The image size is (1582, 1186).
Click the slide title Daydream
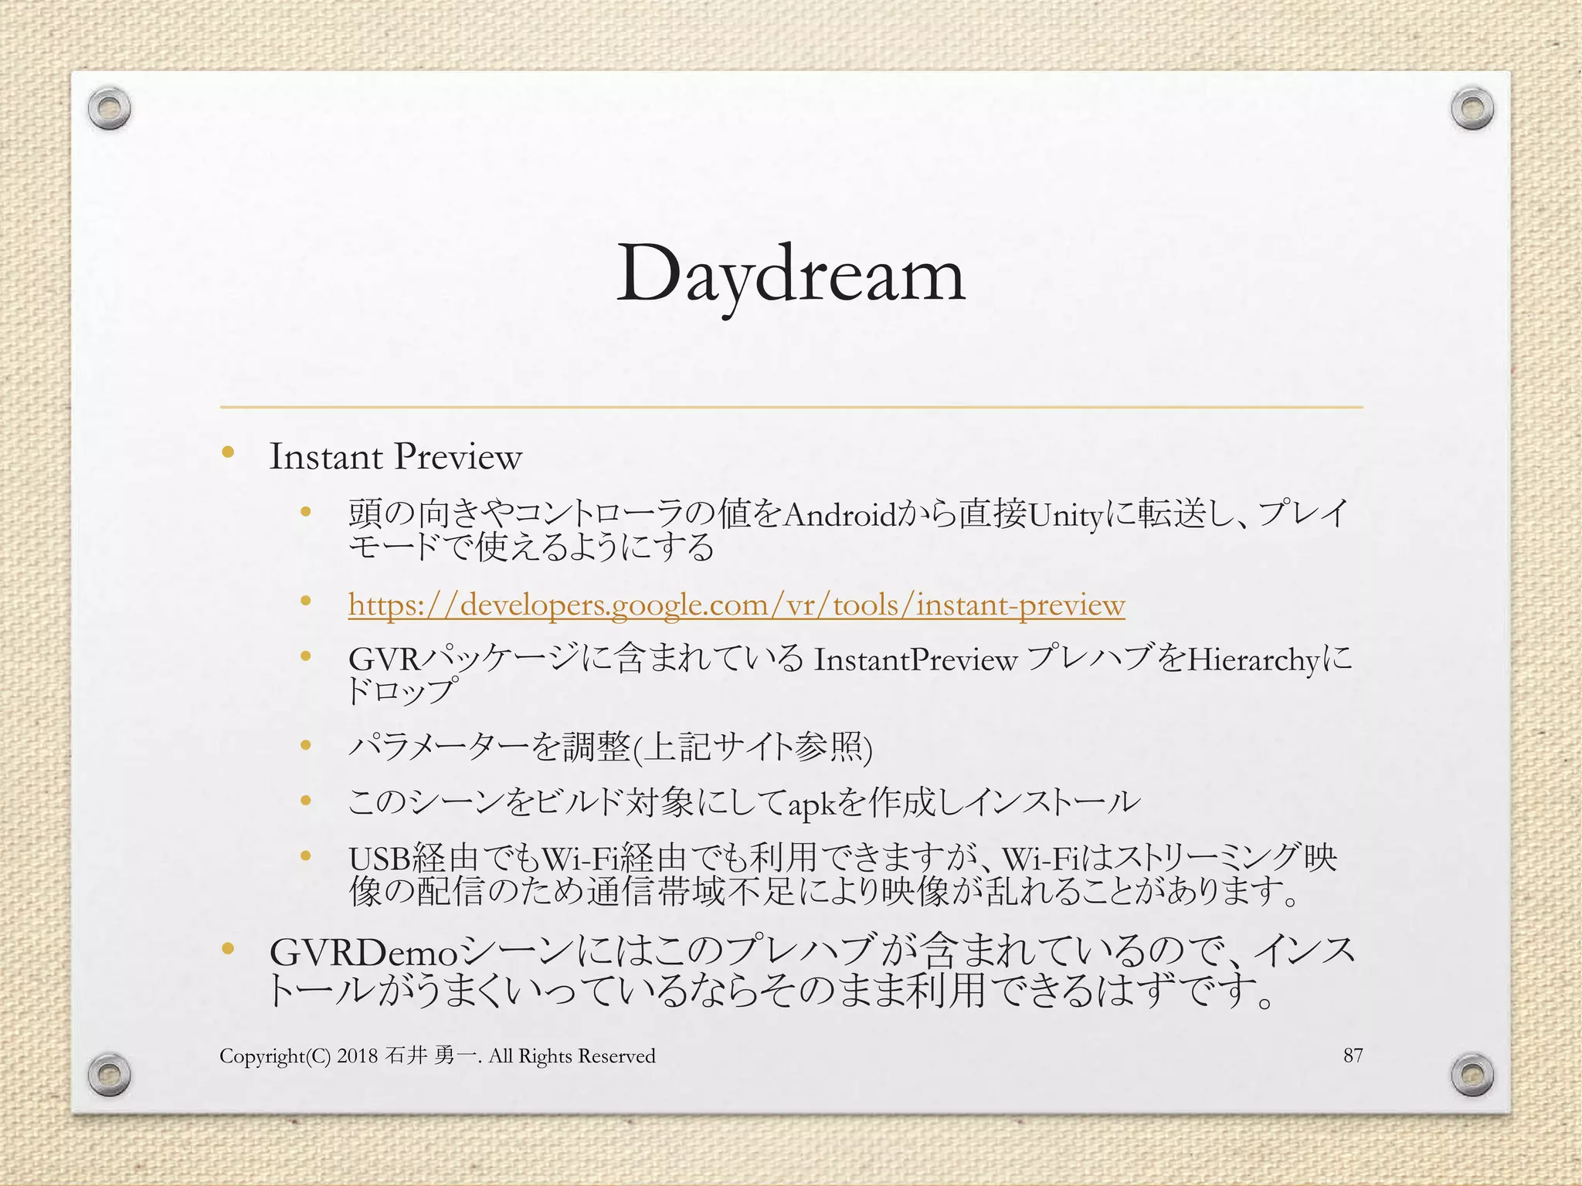pyautogui.click(x=790, y=274)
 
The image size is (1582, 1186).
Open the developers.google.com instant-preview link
pyautogui.click(x=736, y=605)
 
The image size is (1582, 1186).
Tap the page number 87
pyautogui.click(x=1353, y=1055)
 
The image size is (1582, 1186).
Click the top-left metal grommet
pyautogui.click(x=109, y=110)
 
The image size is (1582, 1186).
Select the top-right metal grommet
pyautogui.click(x=1472, y=109)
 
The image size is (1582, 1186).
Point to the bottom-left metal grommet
pyautogui.click(x=109, y=1074)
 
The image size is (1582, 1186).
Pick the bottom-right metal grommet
pyautogui.click(x=1472, y=1074)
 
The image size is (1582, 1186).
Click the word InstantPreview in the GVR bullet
pyautogui.click(x=915, y=660)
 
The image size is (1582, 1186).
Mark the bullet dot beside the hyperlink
pyautogui.click(x=306, y=601)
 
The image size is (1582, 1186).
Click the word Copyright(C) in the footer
pyautogui.click(x=275, y=1056)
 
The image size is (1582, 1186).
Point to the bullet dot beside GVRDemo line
pyautogui.click(x=228, y=949)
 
